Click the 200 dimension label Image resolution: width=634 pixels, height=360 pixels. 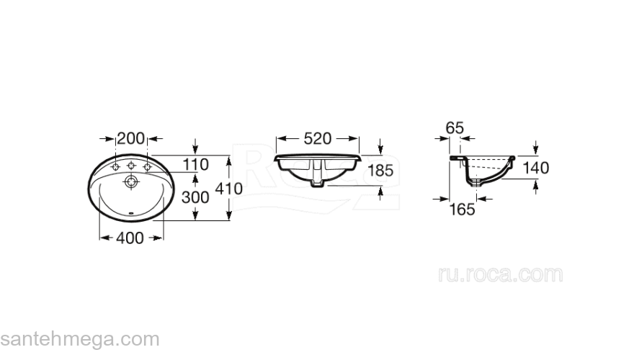click(x=130, y=138)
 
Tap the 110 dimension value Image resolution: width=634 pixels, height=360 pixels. click(x=196, y=164)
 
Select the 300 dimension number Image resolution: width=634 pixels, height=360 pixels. click(x=195, y=197)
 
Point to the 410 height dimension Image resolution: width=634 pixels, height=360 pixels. click(x=229, y=189)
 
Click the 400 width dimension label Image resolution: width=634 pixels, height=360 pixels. click(x=130, y=238)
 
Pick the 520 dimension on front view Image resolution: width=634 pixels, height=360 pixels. click(x=318, y=138)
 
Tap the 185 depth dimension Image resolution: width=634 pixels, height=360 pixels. click(x=380, y=170)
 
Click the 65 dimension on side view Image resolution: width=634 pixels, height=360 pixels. click(x=455, y=128)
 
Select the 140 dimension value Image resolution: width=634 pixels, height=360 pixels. click(x=536, y=168)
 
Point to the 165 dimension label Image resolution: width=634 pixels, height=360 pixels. click(x=462, y=210)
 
